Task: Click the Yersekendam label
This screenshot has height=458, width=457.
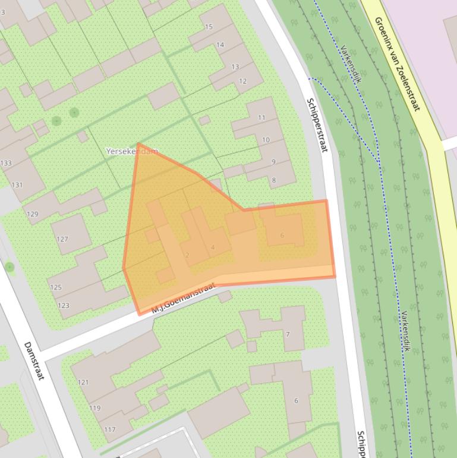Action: (x=132, y=152)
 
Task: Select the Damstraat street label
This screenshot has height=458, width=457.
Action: (x=34, y=360)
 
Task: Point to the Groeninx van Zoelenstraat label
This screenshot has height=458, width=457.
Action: (x=397, y=64)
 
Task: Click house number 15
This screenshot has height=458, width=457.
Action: (x=209, y=27)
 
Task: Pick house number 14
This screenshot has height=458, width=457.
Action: (x=220, y=45)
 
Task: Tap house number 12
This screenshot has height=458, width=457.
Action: (x=242, y=81)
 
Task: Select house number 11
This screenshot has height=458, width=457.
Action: (x=261, y=118)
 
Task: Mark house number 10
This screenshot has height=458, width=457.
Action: (x=266, y=140)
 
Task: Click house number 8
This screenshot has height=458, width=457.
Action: (x=274, y=180)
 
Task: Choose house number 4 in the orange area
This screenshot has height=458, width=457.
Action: (x=212, y=247)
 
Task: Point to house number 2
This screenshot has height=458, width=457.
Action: (x=187, y=255)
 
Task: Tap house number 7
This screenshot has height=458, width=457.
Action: (x=288, y=334)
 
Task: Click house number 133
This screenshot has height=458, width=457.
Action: (x=6, y=163)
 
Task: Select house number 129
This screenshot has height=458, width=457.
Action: (x=32, y=214)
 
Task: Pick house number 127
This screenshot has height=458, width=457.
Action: (x=62, y=239)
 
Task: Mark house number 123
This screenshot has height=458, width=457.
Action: (x=63, y=306)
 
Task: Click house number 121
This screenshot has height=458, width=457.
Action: (x=83, y=382)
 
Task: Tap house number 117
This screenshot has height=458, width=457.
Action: (x=110, y=429)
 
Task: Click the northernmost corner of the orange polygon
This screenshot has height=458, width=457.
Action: (x=138, y=144)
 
